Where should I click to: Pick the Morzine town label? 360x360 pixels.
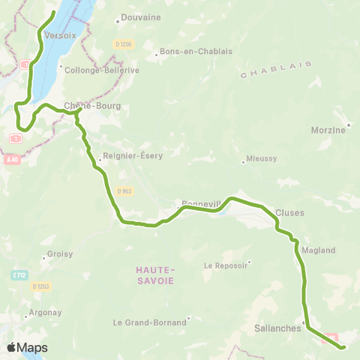[x=328, y=130]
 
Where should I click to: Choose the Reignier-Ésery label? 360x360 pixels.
[x=130, y=158]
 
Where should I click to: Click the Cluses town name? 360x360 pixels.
[x=289, y=212]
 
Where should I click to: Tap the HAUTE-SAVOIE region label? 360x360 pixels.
[x=155, y=274]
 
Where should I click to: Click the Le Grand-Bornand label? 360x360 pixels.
[x=149, y=323]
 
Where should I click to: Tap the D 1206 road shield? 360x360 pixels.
[x=124, y=44]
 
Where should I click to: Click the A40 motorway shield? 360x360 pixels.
[x=10, y=159]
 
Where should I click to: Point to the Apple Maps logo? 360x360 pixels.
[x=27, y=347]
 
